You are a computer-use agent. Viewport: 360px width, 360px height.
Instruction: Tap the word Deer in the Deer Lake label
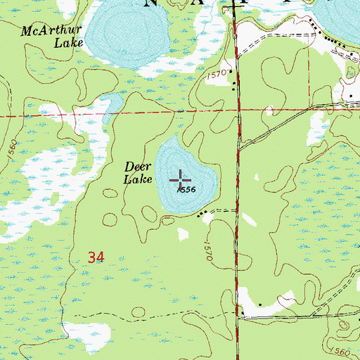tap(139, 167)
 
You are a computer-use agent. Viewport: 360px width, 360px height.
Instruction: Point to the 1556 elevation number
tap(185, 190)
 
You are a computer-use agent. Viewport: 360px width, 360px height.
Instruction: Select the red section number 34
tap(97, 258)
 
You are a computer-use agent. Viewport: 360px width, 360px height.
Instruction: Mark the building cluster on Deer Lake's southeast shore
tap(204, 212)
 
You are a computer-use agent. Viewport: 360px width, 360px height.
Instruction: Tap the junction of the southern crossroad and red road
tap(238, 316)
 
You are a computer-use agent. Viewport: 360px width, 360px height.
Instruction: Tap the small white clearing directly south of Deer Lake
tap(184, 233)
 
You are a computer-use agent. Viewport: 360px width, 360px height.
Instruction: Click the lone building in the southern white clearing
tap(260, 304)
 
